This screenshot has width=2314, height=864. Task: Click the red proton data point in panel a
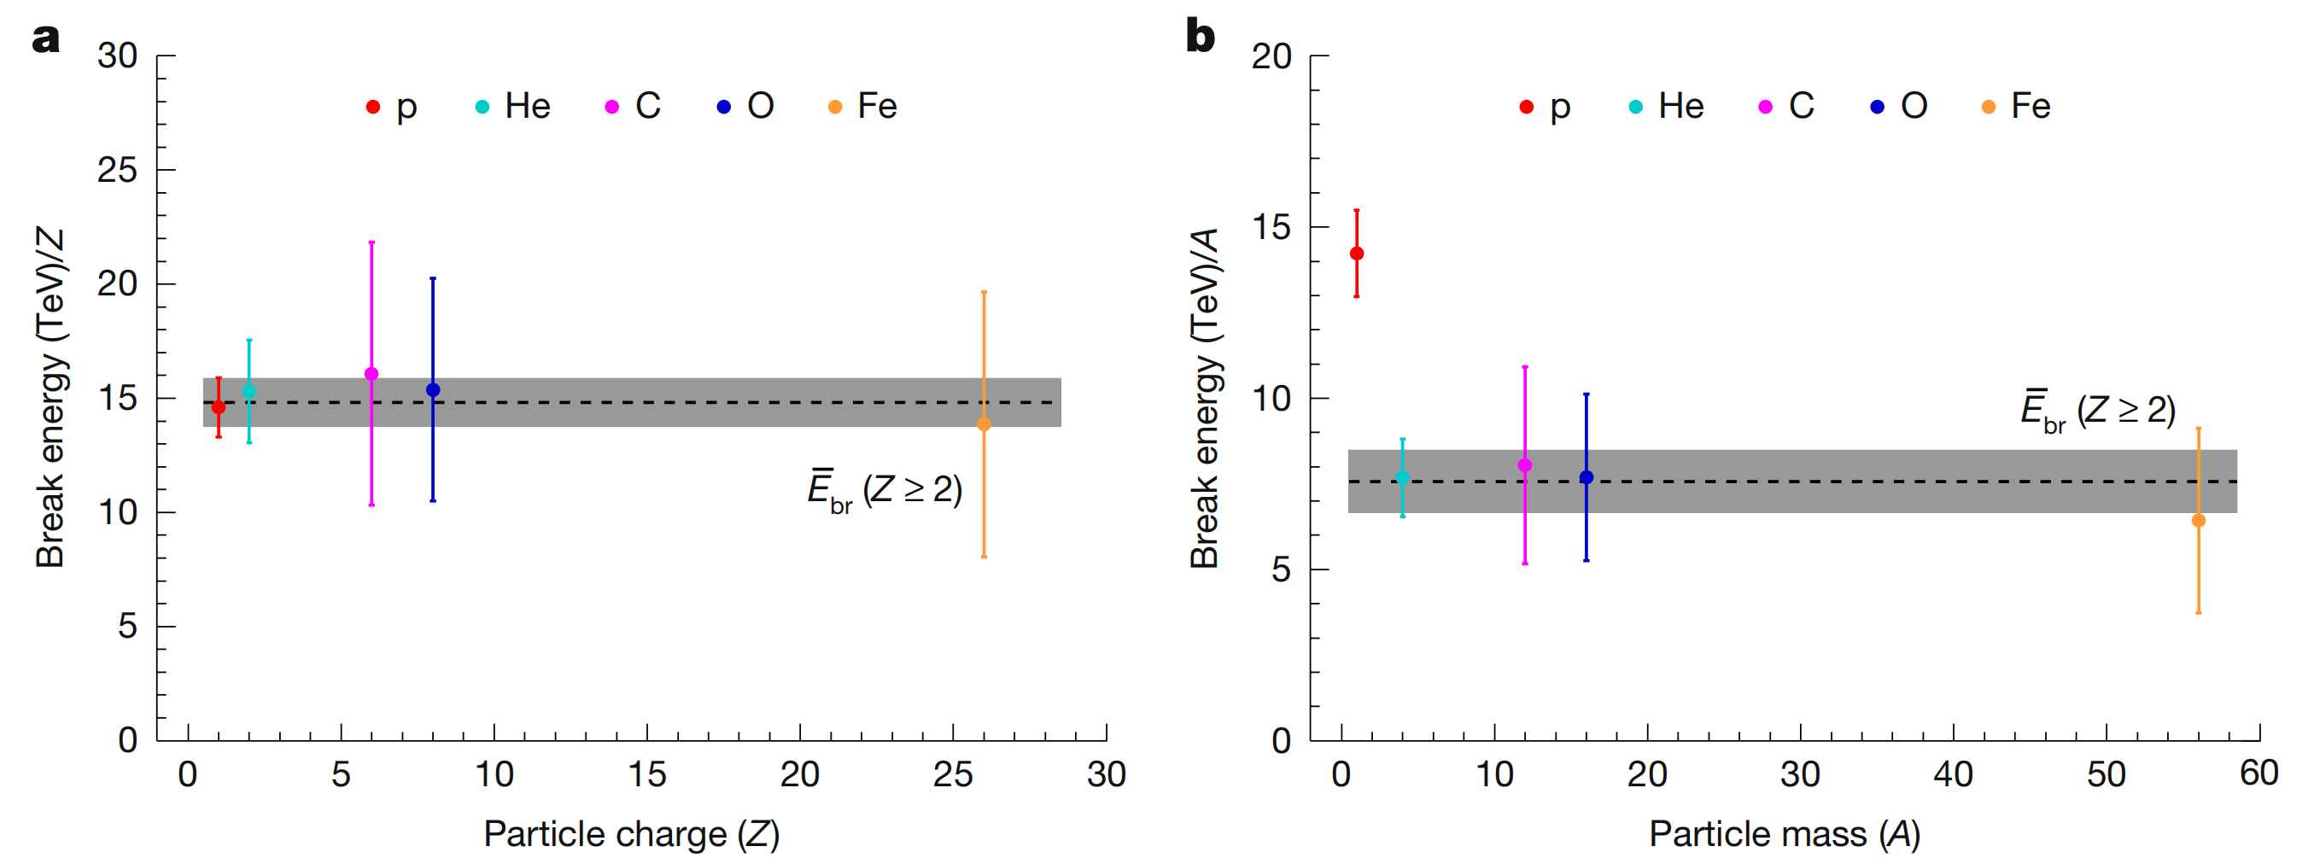point(219,407)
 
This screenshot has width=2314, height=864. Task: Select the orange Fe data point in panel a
point(984,424)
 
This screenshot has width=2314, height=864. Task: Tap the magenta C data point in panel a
point(371,374)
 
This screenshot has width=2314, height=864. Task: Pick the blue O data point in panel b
point(1586,477)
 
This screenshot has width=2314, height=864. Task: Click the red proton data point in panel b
point(1357,254)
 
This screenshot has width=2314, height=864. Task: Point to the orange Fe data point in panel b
point(2198,520)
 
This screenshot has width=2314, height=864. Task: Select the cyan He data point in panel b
point(1402,478)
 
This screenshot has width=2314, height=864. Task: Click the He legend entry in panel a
point(513,107)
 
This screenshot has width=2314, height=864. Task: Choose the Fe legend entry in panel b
point(2017,107)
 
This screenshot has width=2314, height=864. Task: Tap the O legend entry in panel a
point(745,107)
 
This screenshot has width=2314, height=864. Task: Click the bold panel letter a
point(46,38)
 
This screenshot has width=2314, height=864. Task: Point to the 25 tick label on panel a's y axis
point(118,170)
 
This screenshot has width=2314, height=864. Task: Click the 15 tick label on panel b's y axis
point(1271,227)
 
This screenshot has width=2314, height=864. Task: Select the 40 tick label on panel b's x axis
point(1953,774)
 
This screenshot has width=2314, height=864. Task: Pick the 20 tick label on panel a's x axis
point(799,774)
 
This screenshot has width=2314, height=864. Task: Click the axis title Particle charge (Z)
point(632,834)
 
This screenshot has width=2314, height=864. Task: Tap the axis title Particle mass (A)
point(1784,834)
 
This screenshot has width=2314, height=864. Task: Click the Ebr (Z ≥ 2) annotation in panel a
point(885,491)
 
